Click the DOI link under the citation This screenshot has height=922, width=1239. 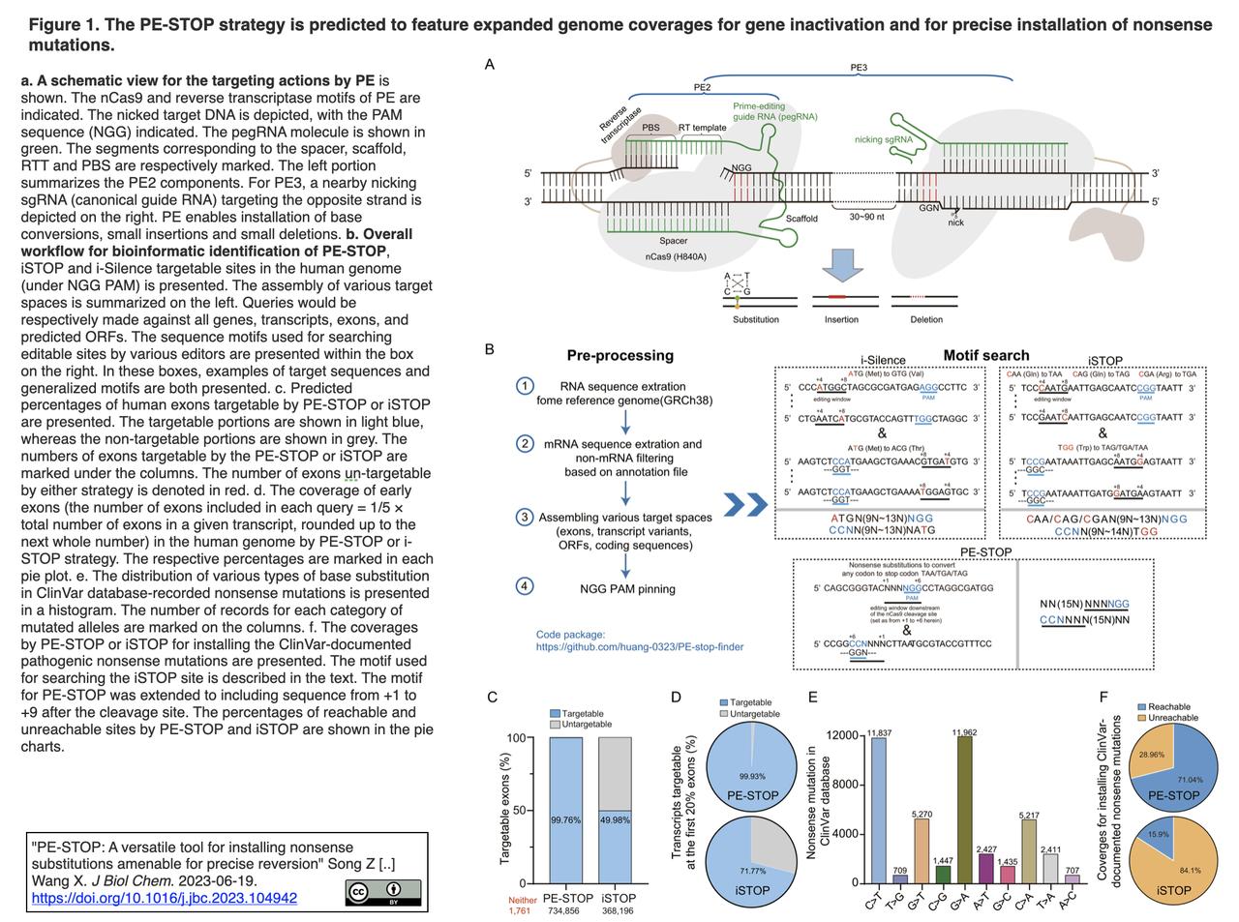(165, 898)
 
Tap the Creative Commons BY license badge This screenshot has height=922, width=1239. (383, 891)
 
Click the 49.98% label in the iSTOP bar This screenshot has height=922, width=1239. (616, 819)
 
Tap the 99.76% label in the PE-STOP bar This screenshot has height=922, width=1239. (565, 819)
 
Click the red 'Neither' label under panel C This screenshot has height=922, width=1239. (523, 900)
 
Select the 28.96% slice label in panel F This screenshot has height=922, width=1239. (1152, 755)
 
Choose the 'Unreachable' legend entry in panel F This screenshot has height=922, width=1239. (1172, 718)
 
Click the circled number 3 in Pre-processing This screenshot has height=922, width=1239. (525, 518)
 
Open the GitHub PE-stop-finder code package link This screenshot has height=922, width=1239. (640, 646)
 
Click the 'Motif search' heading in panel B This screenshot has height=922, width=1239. (986, 355)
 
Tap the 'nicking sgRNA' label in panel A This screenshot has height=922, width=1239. (883, 139)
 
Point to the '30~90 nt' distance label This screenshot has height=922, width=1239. (867, 217)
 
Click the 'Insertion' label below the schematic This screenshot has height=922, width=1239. (841, 319)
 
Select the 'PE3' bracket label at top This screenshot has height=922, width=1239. (859, 68)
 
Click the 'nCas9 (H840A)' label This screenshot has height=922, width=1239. (676, 256)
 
